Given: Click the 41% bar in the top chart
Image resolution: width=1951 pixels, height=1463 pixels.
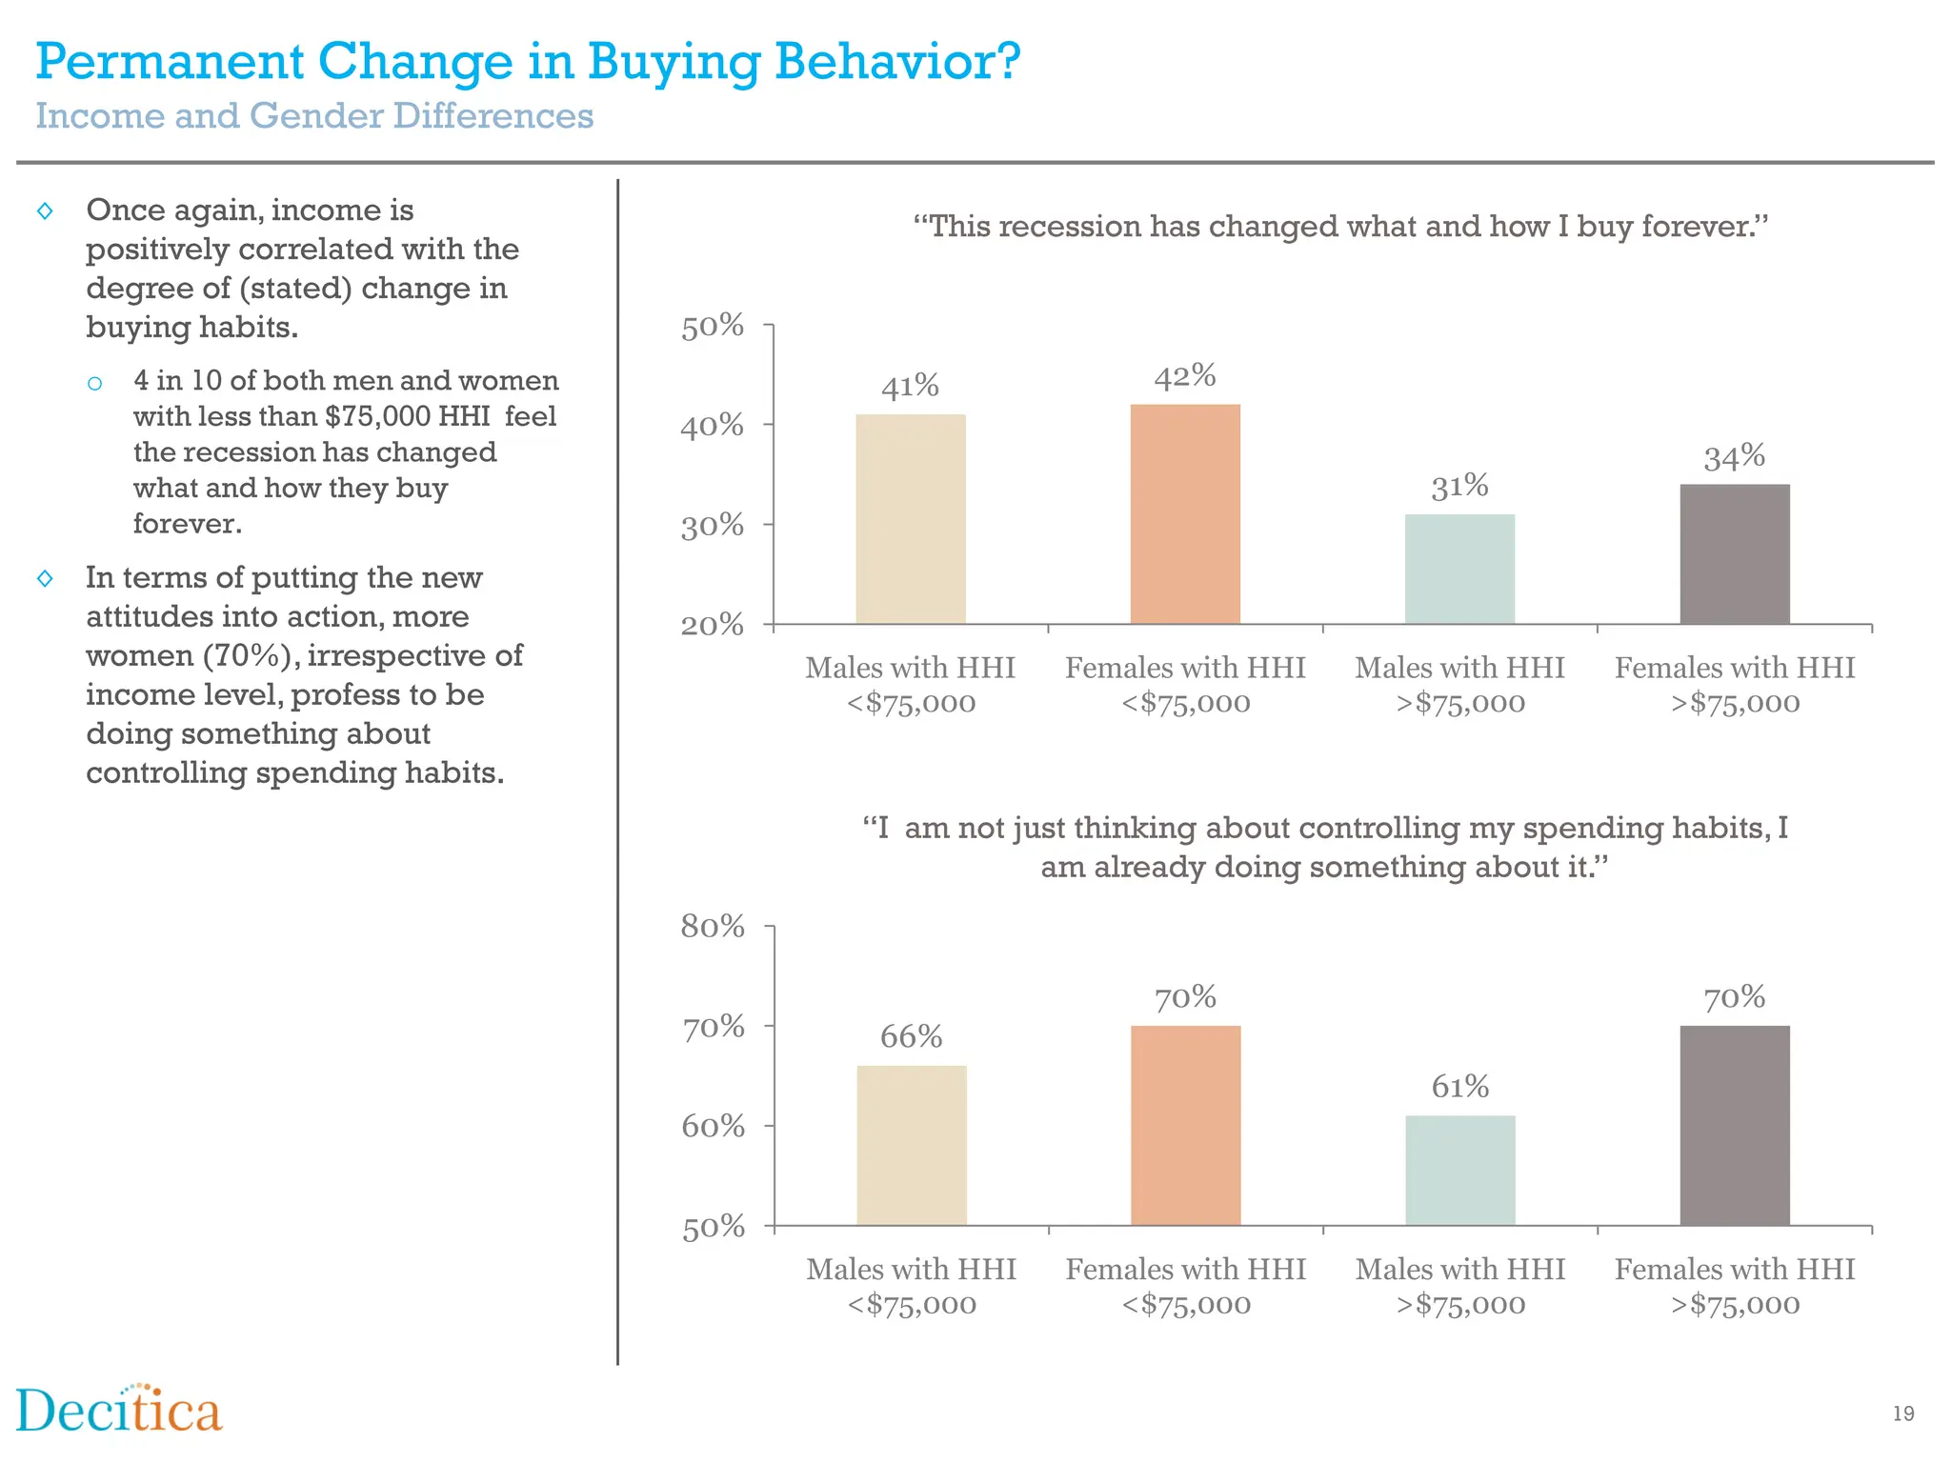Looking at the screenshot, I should [911, 519].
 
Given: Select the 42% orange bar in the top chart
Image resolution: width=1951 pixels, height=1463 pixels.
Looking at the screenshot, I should [1185, 514].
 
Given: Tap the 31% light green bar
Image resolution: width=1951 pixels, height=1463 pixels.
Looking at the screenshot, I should [1459, 570].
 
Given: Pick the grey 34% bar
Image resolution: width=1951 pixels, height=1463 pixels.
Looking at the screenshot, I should [1734, 554].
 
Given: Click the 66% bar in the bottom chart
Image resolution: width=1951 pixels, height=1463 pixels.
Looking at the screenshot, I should [912, 1145].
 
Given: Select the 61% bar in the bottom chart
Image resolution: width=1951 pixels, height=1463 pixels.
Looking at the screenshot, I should [1459, 1170].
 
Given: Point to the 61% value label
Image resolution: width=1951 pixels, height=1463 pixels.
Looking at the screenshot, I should [1459, 1087].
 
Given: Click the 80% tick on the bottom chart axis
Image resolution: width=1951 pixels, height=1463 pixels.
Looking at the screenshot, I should [713, 926].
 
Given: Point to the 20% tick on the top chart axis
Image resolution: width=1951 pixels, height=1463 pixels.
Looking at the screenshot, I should [713, 625].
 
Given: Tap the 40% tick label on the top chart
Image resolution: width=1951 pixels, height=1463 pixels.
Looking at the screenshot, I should [713, 426].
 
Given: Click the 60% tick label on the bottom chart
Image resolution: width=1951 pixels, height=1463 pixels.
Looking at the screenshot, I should [713, 1127].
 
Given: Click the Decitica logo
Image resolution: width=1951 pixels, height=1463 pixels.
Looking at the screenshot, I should [119, 1411].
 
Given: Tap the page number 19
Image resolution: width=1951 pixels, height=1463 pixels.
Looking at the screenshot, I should [1902, 1413].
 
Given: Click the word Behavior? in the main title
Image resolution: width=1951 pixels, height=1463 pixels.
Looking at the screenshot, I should [897, 62].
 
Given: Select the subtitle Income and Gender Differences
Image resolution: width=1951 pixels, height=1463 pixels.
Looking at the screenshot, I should [314, 116].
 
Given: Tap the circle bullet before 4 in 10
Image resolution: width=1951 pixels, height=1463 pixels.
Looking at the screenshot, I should [94, 384].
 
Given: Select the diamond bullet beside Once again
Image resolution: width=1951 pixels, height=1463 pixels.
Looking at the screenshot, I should [45, 210].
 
